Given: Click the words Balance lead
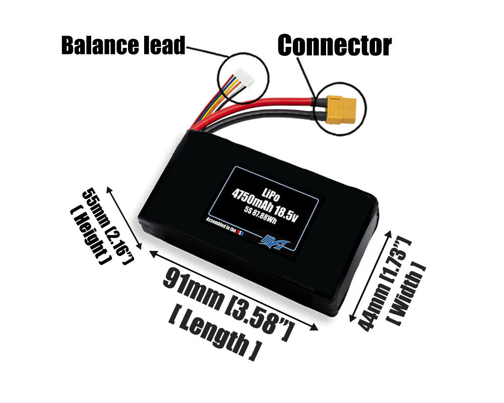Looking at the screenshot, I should click(123, 45).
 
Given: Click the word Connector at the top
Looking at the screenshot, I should click(334, 46).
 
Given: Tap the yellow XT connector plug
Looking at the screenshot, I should click(341, 109).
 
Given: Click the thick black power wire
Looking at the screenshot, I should click(272, 118).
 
